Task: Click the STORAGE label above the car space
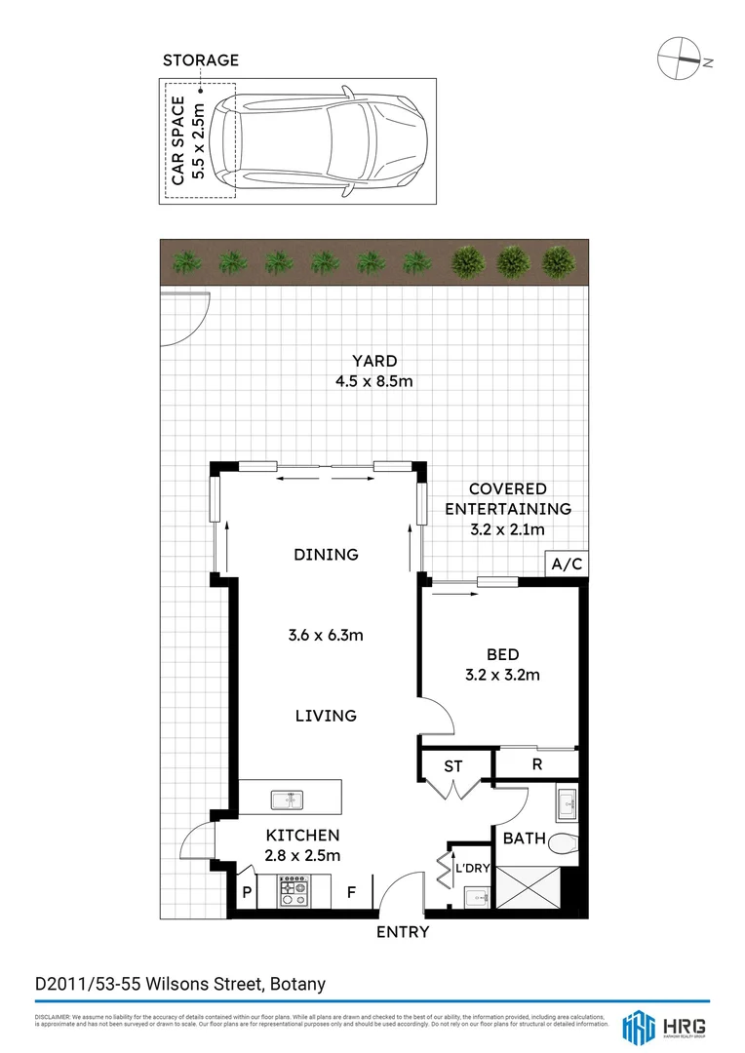point(200,60)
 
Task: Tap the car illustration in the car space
point(327,141)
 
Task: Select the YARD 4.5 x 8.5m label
point(373,371)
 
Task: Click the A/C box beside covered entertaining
point(566,565)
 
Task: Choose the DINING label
point(326,555)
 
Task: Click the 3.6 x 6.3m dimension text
point(326,636)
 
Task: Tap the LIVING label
point(326,716)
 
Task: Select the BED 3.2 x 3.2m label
point(502,664)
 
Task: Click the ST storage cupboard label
point(452,766)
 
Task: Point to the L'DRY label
point(471,868)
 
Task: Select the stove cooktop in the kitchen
point(293,891)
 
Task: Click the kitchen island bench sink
point(290,798)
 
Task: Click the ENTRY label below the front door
point(403,932)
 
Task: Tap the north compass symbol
point(680,59)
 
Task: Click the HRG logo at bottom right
point(664,1027)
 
